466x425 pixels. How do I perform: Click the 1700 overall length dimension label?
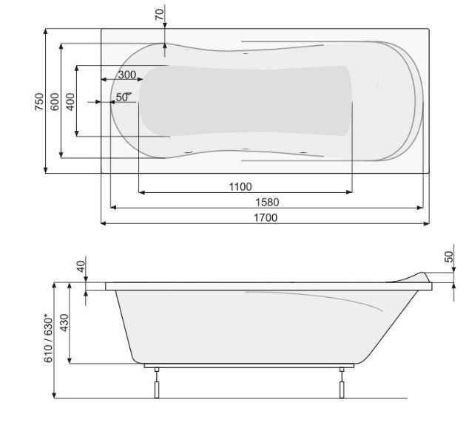pos(266,217)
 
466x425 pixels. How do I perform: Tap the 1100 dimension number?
pos(240,186)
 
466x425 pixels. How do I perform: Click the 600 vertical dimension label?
pos(55,101)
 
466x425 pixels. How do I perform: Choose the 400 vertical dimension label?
pos(70,101)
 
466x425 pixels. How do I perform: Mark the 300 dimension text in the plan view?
pos(126,75)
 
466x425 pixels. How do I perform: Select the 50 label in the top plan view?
pos(121,97)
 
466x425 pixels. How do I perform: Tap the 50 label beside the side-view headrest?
pos(448,256)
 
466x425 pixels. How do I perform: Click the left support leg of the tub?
pos(156,384)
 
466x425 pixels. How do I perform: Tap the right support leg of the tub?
pos(342,384)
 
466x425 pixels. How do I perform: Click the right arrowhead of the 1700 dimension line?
pos(425,223)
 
